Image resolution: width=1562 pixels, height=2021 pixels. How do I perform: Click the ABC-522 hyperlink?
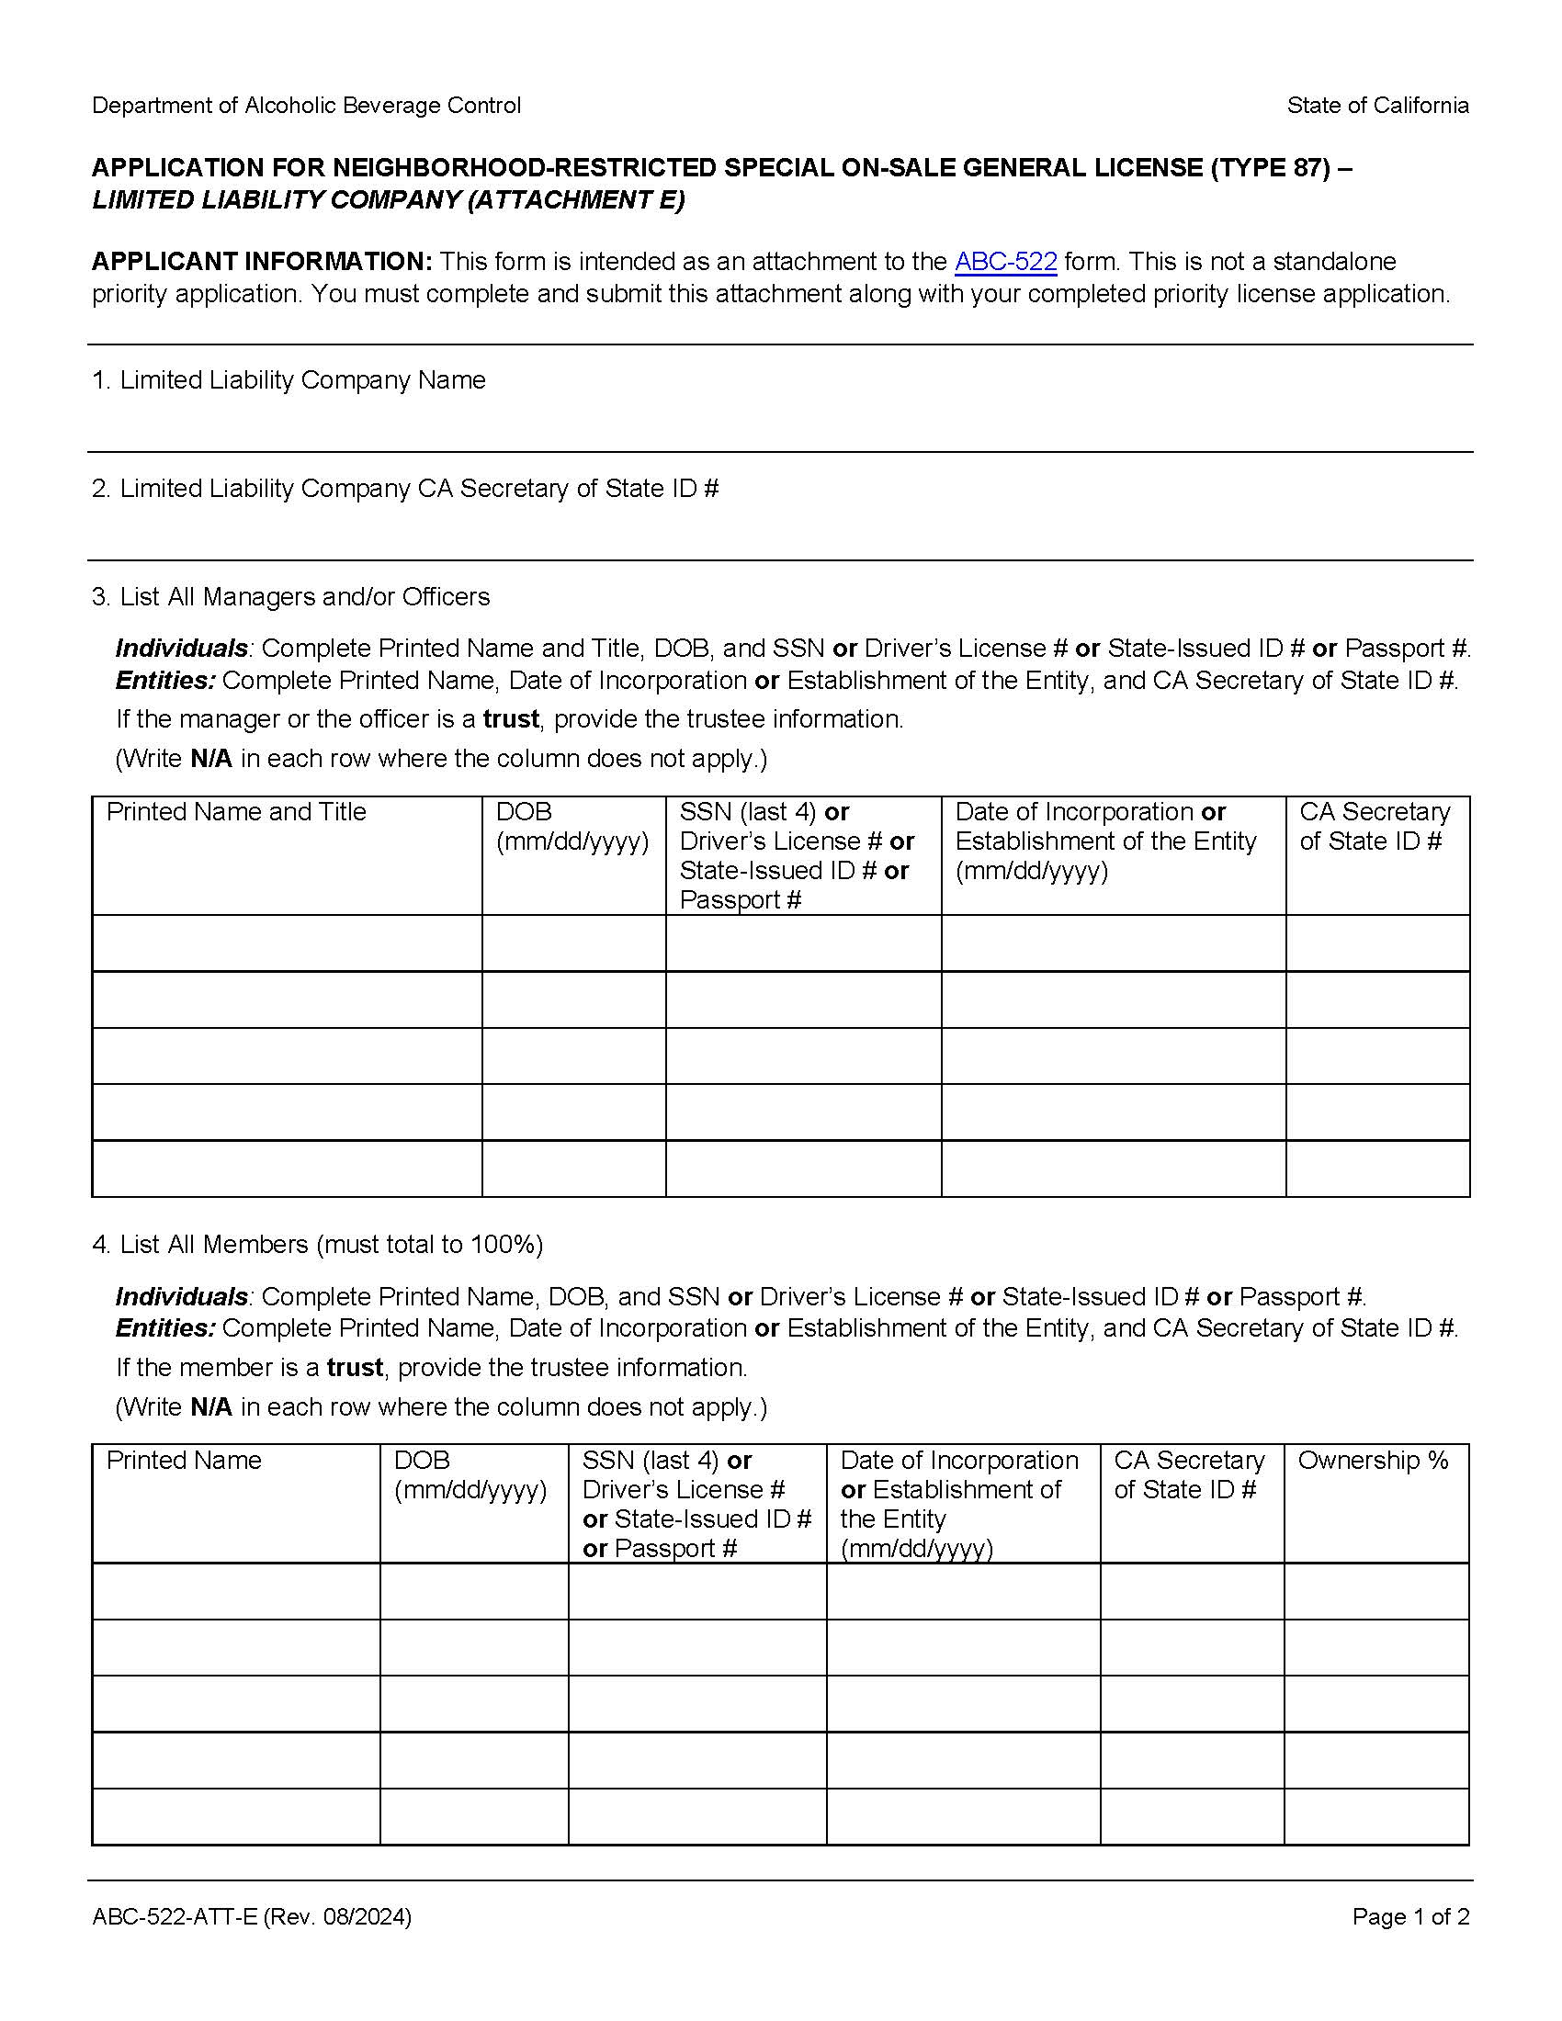point(1005,262)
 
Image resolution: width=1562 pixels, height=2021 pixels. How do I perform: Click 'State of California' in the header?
point(1377,106)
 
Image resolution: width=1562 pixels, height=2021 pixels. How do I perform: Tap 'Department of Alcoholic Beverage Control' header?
point(306,106)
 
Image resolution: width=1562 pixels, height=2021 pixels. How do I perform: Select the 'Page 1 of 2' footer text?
point(1409,1916)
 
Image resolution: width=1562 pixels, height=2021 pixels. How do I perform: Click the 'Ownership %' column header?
point(1373,1461)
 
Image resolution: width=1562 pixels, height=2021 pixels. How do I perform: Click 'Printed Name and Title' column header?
point(236,811)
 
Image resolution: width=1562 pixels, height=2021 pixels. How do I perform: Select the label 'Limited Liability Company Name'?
point(302,380)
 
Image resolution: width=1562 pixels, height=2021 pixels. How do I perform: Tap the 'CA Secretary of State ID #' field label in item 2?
point(567,489)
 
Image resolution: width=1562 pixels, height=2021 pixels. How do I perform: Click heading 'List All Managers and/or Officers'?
point(304,597)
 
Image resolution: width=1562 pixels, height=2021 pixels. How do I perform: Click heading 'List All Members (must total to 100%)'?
point(332,1245)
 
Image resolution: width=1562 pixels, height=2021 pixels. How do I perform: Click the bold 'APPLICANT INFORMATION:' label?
point(262,262)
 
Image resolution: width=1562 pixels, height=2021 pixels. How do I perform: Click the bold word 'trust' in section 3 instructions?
point(511,719)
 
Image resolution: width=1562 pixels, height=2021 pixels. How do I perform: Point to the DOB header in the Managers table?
point(524,811)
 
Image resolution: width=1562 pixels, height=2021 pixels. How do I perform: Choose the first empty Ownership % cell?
point(1376,1591)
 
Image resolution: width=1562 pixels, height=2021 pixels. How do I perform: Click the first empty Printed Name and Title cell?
point(287,943)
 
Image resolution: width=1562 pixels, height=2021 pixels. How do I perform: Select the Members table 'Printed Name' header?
point(184,1461)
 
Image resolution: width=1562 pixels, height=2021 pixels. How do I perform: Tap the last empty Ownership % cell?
point(1376,1816)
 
